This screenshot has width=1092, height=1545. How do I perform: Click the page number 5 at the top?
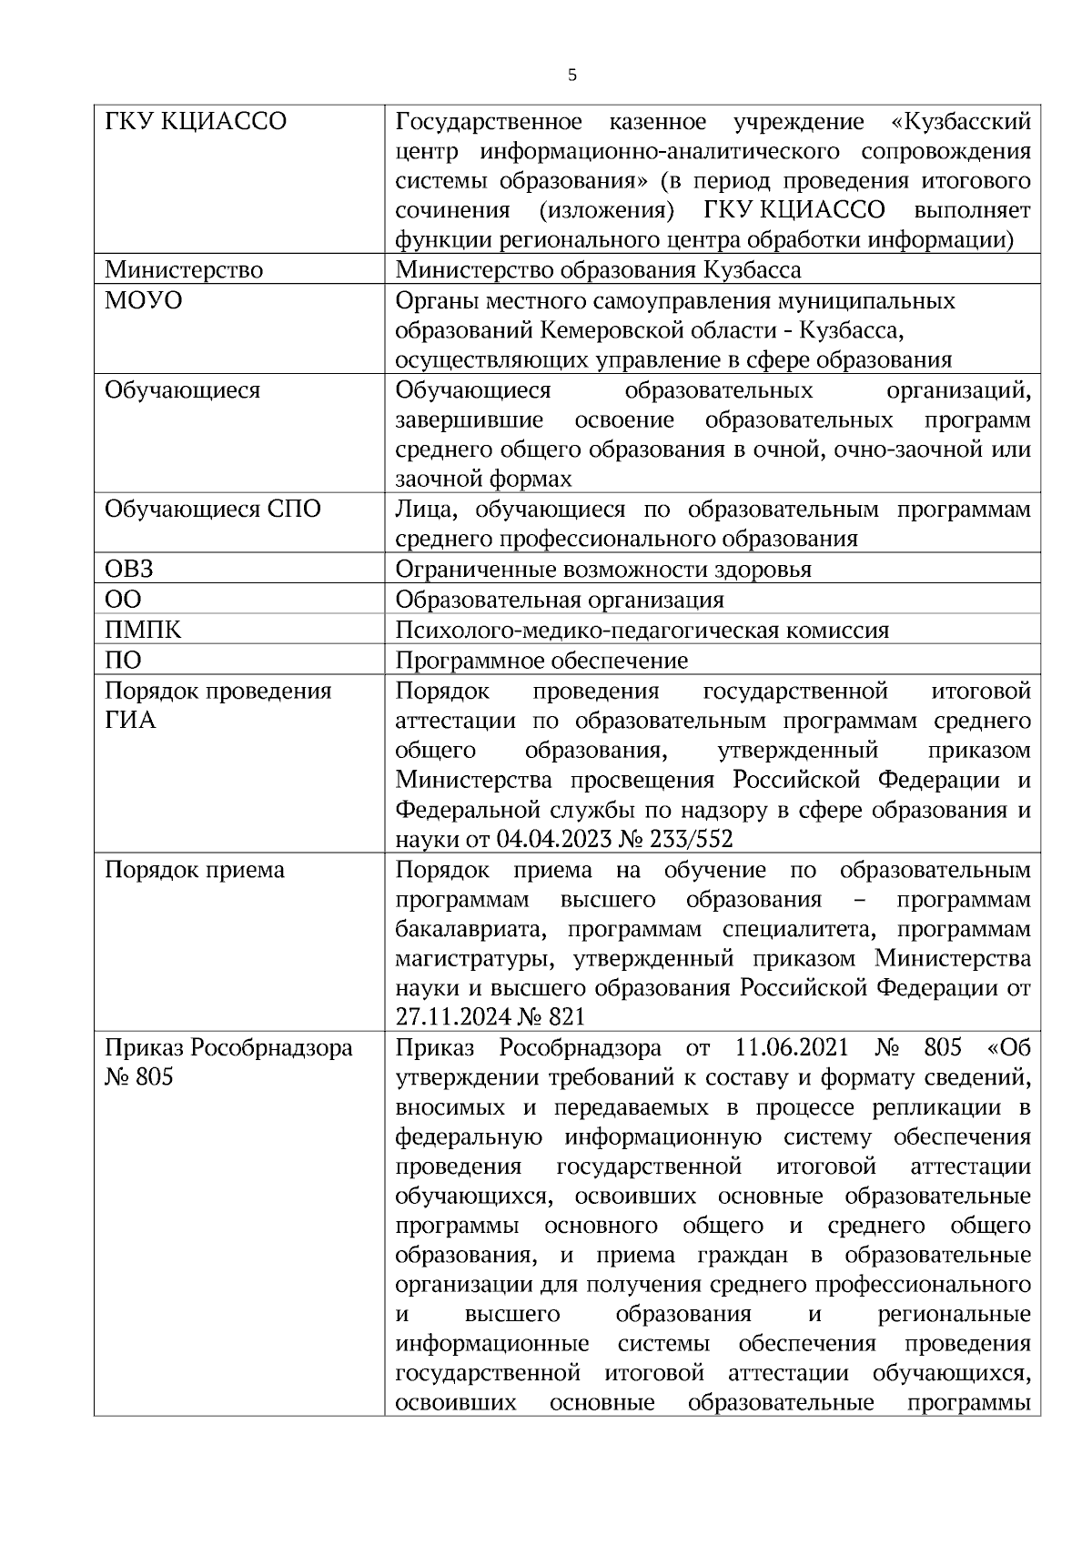[x=571, y=76]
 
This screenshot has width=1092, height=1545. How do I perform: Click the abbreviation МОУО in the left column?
[x=143, y=300]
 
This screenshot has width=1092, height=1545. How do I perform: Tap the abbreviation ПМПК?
[x=143, y=630]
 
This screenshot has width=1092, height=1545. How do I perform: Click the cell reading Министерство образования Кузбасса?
[x=598, y=270]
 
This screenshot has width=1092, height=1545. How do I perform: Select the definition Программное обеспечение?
[x=541, y=660]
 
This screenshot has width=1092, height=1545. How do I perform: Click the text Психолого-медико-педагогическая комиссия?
[x=642, y=630]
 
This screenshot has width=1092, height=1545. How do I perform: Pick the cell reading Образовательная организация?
[x=560, y=600]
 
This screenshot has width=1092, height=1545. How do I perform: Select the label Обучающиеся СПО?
[x=213, y=510]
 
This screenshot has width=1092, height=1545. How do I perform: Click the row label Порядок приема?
[x=195, y=870]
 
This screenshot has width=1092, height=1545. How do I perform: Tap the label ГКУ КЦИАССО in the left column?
[x=196, y=121]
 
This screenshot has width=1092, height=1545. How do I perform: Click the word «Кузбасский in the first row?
[x=961, y=121]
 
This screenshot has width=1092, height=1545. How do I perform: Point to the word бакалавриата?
[x=469, y=930]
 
